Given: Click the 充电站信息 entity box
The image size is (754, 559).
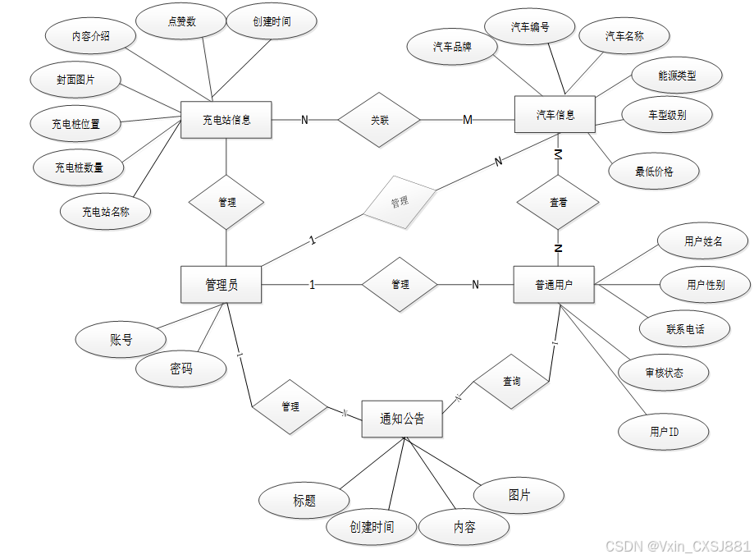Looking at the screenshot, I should (x=226, y=120).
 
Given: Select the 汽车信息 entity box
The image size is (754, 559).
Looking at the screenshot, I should (x=555, y=114).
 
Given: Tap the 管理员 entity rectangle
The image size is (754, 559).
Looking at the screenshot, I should (x=221, y=285).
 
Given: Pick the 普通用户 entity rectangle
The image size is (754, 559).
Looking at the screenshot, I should (x=554, y=285).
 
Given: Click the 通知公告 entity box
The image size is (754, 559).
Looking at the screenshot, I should (x=402, y=419).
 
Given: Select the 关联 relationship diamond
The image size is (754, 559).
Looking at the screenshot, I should (x=379, y=120).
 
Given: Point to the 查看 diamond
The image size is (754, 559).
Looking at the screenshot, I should (x=557, y=202).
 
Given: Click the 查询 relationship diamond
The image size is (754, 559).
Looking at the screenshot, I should (x=511, y=382).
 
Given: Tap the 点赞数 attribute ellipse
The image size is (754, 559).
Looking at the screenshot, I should (x=181, y=22).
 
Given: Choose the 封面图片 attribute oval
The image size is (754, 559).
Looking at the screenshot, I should (x=75, y=80).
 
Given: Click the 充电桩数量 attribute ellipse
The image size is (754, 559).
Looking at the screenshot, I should (x=79, y=167).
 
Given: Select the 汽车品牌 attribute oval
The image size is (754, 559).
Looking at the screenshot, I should (x=452, y=47).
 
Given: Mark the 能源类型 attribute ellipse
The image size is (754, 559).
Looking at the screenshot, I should (x=677, y=76).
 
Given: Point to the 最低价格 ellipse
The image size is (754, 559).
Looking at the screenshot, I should (x=654, y=172).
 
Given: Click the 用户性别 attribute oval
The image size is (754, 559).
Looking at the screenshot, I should (x=706, y=285).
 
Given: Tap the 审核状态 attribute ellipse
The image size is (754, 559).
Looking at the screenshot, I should (x=664, y=373).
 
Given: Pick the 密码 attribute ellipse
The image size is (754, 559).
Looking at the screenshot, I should (x=181, y=369).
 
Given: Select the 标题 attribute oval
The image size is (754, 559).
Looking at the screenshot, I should (x=304, y=501).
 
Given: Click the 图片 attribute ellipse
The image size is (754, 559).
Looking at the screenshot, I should (x=519, y=496).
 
